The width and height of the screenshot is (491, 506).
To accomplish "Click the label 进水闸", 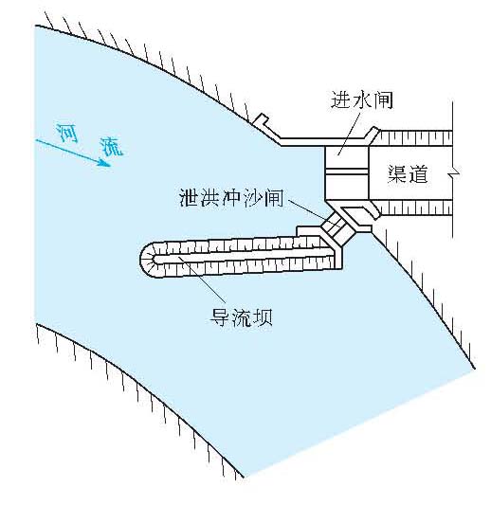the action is pos(361,100).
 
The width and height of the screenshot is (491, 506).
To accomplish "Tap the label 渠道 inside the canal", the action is pos(408,174).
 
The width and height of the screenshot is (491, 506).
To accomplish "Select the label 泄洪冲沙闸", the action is pos(231,198).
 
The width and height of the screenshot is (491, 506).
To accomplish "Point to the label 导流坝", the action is pos(241,317).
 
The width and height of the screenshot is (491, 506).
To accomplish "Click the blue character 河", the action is pos(67,133).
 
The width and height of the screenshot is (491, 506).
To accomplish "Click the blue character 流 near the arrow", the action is pos(111,147).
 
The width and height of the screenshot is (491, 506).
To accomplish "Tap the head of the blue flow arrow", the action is pos(105,163).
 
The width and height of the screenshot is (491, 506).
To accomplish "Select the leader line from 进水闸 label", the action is pos(349,133).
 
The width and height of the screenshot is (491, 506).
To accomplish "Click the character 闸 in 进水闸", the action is pos(383,100).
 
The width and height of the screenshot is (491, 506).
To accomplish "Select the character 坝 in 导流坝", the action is pos(263,317).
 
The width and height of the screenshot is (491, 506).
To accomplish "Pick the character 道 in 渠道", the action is pos(418,174).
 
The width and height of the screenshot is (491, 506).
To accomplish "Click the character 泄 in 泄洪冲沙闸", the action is pos(189,198).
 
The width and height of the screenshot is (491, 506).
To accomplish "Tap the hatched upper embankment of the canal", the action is pos(414,138).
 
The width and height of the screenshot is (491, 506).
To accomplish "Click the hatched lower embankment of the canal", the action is pos(416,208).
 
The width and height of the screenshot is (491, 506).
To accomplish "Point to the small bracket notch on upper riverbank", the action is pos(262,121).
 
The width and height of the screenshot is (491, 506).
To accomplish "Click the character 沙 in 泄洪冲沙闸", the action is pos(253,198).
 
